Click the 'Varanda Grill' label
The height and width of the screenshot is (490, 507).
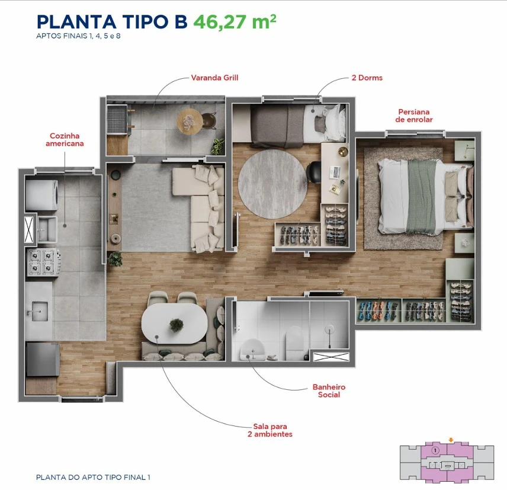point(214,78)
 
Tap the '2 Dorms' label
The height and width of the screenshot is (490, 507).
point(367,78)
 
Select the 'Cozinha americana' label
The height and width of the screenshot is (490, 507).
point(65,140)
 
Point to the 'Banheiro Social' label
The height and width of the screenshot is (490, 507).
point(329,390)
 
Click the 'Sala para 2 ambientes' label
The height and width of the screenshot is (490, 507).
point(270,431)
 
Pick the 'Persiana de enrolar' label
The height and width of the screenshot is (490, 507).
point(414,116)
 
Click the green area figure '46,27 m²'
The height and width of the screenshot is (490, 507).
point(235,22)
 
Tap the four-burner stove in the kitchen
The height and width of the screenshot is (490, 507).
point(43,262)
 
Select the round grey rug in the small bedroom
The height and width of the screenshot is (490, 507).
point(272,184)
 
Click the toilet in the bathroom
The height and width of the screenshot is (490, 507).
point(295,339)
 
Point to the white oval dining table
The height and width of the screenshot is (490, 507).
point(174,324)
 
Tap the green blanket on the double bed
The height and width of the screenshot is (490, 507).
point(422,196)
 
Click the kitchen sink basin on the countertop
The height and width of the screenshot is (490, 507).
point(40,311)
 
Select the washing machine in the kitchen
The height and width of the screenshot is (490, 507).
point(41,196)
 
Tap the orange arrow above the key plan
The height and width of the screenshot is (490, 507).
point(451,440)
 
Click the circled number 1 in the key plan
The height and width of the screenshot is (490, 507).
point(435,450)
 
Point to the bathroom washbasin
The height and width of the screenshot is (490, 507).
point(252,350)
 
